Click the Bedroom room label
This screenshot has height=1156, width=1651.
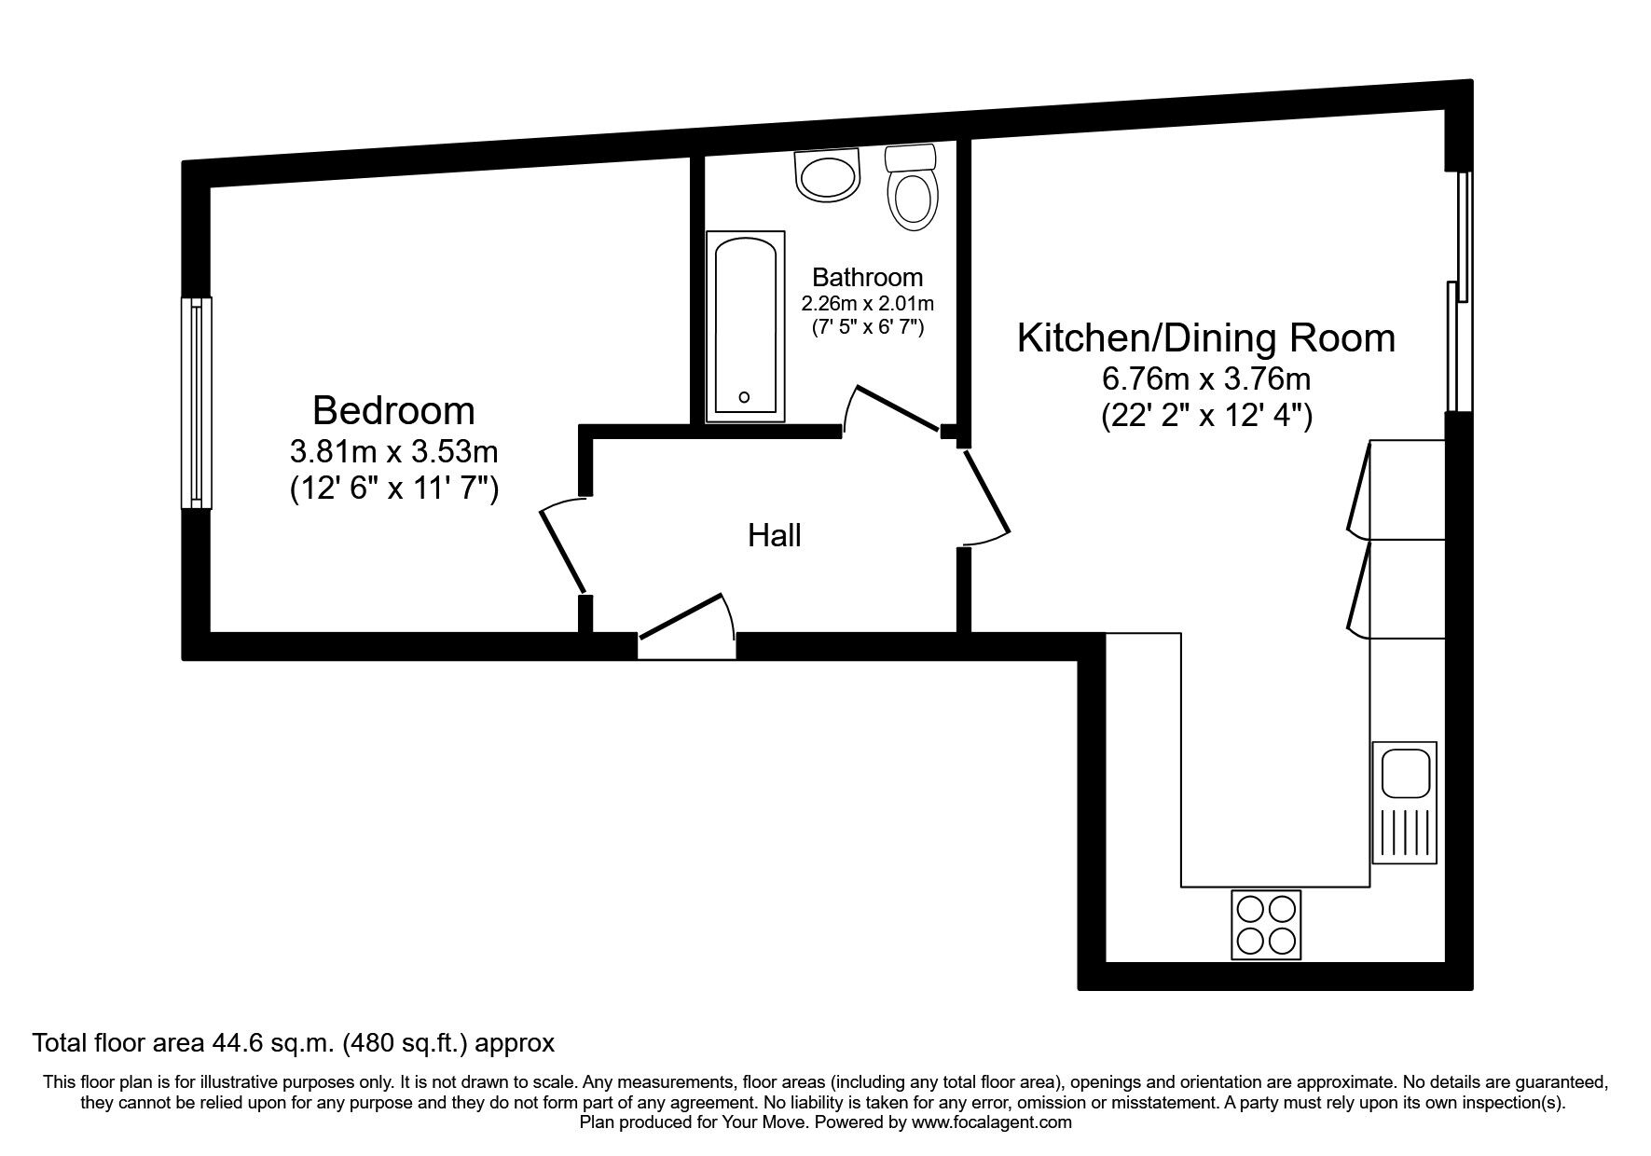point(393,411)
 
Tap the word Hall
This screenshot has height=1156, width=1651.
point(774,536)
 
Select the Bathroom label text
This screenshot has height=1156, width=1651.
point(867,277)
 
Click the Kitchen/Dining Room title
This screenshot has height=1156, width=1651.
point(1205,337)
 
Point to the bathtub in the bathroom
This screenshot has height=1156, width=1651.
point(744,326)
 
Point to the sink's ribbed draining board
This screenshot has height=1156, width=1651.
point(1404,833)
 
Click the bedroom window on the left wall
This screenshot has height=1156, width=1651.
point(196,403)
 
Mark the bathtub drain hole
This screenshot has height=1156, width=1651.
point(744,397)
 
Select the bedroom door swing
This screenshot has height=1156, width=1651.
point(562,548)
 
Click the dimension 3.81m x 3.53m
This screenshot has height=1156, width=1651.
point(393,452)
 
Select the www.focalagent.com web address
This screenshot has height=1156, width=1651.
point(991,1122)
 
